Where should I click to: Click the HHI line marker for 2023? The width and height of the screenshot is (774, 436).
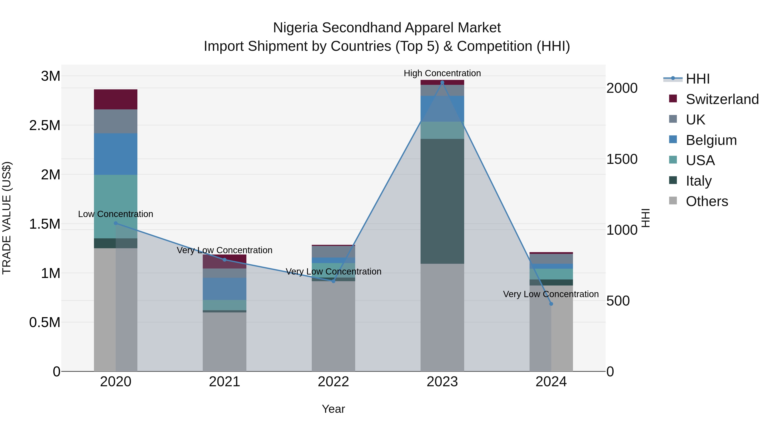(x=442, y=82)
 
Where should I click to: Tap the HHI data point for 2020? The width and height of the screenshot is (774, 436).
(x=116, y=223)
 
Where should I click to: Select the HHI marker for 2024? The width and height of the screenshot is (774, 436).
(x=551, y=304)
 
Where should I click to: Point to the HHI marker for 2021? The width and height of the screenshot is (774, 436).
(x=224, y=260)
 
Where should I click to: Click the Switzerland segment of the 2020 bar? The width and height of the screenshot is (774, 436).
(x=116, y=99)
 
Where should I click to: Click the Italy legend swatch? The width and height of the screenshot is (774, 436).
(x=673, y=180)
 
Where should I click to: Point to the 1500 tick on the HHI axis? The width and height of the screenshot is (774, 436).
(x=622, y=159)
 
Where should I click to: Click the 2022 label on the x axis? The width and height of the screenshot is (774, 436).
(x=333, y=382)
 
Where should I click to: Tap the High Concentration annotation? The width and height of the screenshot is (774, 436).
(x=442, y=73)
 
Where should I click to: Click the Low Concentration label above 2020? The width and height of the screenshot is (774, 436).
(x=116, y=214)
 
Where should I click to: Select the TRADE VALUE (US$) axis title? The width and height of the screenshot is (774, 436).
(x=7, y=218)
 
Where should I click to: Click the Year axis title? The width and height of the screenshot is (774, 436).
(x=333, y=409)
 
